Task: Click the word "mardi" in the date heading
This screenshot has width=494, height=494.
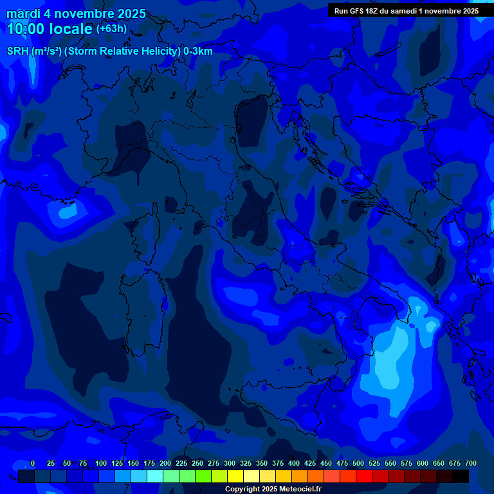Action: coord(23,14)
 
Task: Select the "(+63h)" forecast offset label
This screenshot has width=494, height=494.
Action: coord(111,29)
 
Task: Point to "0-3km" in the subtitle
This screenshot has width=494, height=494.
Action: coord(197,51)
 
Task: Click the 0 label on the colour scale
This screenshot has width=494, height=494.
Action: coord(33,463)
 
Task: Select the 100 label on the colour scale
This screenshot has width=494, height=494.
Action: coord(101,463)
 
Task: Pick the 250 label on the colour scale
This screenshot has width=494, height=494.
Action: coord(197,463)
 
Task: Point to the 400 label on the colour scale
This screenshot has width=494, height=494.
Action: coord(294,463)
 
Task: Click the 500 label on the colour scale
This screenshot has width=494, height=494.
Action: coord(358,463)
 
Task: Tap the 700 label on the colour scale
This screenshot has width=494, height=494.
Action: coord(470,463)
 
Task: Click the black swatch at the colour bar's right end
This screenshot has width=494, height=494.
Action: coord(461,476)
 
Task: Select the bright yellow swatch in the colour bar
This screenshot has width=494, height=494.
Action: coord(235,476)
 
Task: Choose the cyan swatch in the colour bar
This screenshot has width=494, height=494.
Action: coord(155,476)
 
